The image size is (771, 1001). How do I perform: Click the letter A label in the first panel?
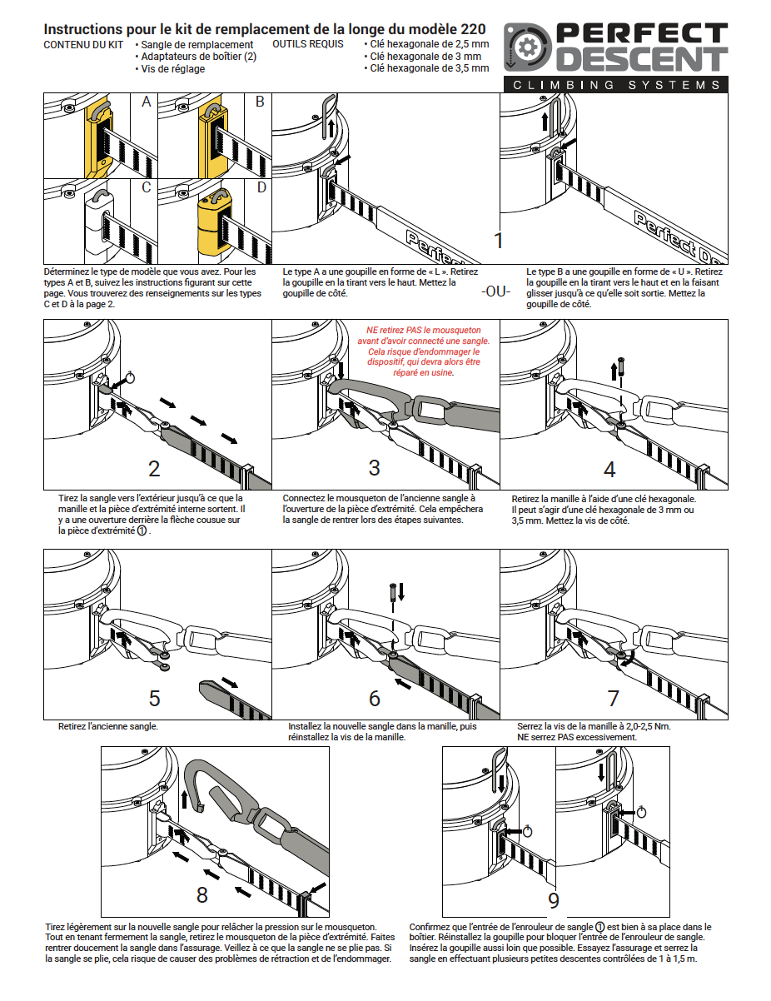pos(147,102)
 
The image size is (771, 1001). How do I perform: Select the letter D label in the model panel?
pos(261,187)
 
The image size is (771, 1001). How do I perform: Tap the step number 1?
pos(499,242)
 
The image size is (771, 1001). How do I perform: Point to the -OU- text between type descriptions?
pos(495,292)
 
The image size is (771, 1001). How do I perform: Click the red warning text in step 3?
pos(423,351)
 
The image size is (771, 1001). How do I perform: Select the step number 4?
pos(609,470)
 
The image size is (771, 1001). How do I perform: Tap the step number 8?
pos(202,895)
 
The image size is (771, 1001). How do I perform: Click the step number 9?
pos(554,900)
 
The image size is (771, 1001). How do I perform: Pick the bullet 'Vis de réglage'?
pos(173,69)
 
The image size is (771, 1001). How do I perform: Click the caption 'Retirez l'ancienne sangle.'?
pos(108,726)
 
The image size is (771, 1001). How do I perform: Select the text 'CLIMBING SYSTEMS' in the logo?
pos(616,85)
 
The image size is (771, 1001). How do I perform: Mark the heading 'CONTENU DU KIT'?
pos(83,44)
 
